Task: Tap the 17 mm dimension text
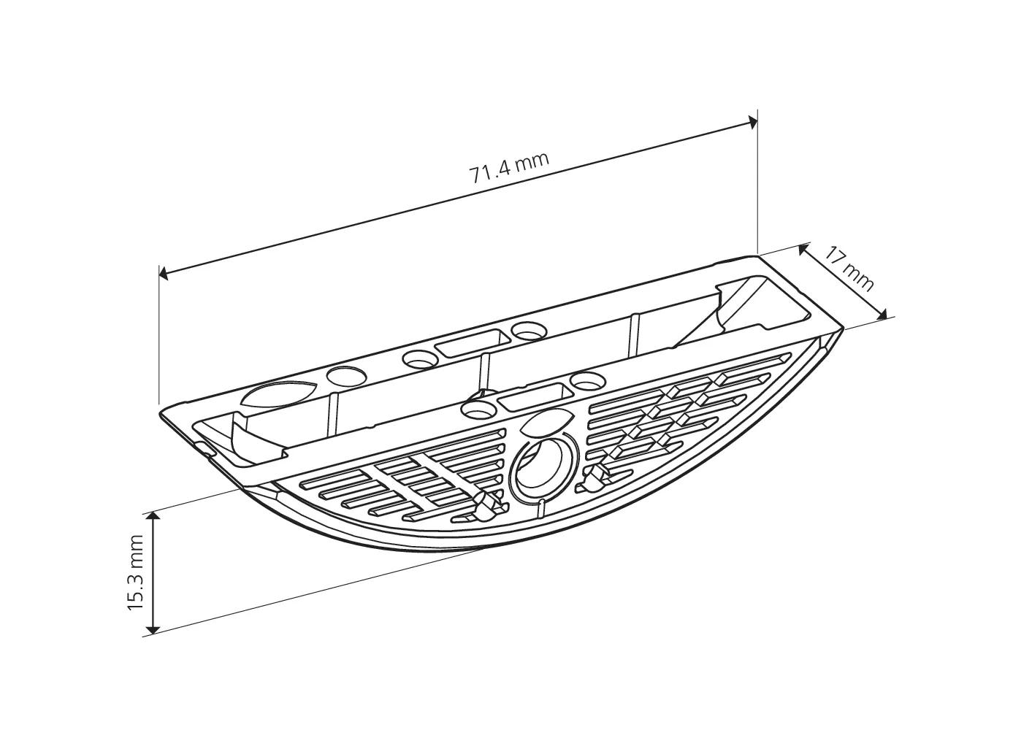pos(849,268)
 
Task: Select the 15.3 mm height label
pos(137,573)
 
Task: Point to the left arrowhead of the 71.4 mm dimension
pos(164,274)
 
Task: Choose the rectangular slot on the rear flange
pos(470,342)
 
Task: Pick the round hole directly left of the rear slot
pos(419,359)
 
